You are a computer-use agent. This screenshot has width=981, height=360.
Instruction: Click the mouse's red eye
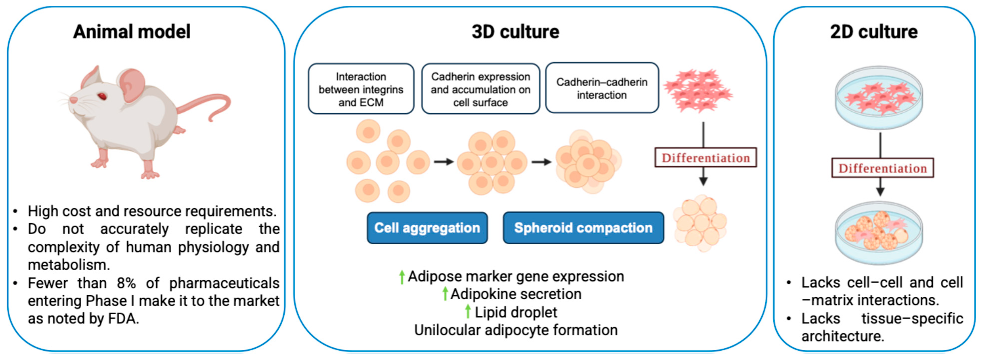point(102,96)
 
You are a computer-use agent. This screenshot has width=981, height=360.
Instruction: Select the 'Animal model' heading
point(132,32)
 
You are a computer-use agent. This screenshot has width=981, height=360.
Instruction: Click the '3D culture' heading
point(515,32)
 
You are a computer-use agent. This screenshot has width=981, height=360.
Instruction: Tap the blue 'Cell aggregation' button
point(427,228)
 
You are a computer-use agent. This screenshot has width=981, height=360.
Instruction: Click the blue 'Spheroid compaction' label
point(583,228)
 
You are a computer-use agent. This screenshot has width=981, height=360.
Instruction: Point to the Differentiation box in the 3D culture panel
point(705,158)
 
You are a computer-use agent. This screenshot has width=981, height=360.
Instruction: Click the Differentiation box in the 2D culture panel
point(882,168)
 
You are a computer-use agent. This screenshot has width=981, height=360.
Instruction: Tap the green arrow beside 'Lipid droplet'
point(468,312)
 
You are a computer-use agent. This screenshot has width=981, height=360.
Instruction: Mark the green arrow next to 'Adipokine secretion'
point(445,294)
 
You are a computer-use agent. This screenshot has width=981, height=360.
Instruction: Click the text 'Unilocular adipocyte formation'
point(516,330)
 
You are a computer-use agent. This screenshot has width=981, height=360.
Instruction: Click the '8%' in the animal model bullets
point(126,283)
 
